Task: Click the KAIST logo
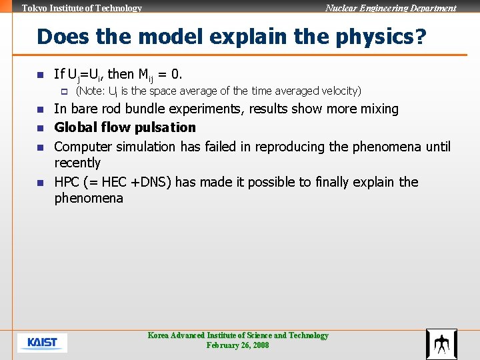42,343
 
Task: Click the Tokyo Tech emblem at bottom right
441,344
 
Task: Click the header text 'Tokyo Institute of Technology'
82,9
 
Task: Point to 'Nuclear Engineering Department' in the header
391,9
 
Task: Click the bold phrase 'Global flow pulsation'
125,127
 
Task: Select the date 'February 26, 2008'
238,345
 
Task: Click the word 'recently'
77,163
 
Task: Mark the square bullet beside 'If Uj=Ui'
39,74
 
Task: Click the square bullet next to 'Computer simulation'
39,147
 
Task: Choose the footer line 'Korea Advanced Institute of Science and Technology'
238,335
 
